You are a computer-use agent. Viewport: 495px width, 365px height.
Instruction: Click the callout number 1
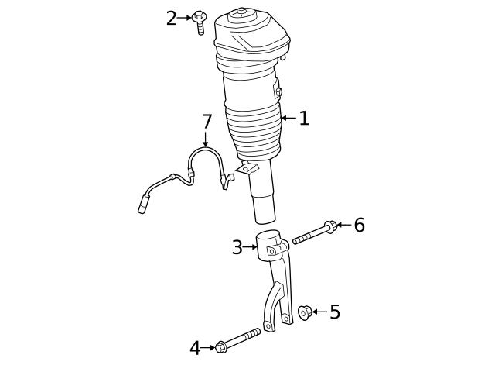click(x=304, y=119)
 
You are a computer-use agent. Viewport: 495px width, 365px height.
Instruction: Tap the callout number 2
click(x=172, y=18)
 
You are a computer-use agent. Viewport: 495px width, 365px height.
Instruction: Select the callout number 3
click(x=237, y=248)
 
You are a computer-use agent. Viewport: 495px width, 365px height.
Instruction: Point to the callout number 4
click(x=195, y=348)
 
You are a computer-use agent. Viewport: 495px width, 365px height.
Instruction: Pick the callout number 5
click(x=334, y=312)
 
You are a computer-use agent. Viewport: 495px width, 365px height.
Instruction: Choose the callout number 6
click(x=359, y=226)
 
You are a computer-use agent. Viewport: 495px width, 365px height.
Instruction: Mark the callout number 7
click(x=207, y=122)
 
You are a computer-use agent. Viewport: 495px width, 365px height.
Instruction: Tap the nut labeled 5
click(x=304, y=313)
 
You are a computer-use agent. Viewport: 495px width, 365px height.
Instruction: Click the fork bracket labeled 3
click(x=277, y=279)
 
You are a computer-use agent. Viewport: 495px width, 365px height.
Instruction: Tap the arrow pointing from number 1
click(x=288, y=119)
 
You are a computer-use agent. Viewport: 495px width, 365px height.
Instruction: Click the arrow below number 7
click(x=206, y=140)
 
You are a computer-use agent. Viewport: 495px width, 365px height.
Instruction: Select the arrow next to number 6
click(x=343, y=226)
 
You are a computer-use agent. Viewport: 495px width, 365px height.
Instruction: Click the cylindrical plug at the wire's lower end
click(x=144, y=205)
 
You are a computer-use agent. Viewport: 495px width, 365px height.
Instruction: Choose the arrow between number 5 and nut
click(x=319, y=312)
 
